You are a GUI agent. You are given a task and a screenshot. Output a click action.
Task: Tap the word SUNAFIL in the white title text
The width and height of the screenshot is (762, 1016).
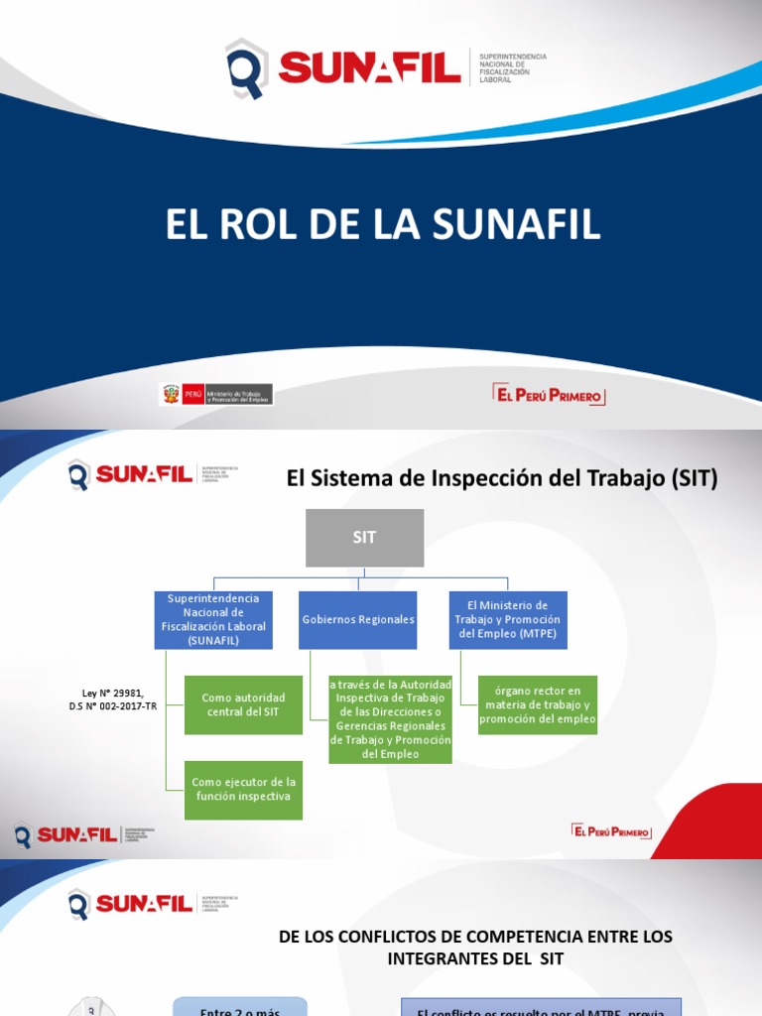514,225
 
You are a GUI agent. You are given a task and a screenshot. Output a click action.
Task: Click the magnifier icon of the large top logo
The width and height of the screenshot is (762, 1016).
245,68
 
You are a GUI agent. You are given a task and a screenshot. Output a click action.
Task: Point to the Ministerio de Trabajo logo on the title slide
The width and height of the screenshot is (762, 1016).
216,394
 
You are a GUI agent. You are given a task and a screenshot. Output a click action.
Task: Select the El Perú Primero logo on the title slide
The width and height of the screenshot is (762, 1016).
549,395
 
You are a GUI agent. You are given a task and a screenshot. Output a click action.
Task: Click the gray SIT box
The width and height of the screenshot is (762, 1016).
364,538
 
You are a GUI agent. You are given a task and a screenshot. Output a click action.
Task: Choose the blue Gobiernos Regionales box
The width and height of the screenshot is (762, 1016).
358,620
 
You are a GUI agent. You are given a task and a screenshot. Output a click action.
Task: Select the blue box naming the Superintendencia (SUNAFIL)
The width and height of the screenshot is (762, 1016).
213,620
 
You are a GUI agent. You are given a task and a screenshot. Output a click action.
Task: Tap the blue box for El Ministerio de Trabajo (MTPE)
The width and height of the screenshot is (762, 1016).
507,620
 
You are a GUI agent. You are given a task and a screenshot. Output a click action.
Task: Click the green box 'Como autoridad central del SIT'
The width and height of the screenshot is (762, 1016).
243,704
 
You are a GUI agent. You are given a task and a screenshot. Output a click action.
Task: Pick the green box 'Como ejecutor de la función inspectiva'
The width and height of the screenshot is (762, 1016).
243,789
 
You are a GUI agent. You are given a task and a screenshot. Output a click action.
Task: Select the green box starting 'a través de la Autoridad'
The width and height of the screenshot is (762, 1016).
390,719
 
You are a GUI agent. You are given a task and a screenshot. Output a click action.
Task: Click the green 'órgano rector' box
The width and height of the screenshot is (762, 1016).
537,704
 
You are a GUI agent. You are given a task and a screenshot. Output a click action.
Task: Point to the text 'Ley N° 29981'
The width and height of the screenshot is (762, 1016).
112,693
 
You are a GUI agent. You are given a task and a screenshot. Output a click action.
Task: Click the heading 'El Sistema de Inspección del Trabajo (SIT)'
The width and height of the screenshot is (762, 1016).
501,478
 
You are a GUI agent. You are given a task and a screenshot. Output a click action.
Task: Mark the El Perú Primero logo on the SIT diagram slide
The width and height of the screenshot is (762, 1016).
611,830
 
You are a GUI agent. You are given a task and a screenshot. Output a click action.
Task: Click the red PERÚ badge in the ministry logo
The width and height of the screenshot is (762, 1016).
192,394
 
